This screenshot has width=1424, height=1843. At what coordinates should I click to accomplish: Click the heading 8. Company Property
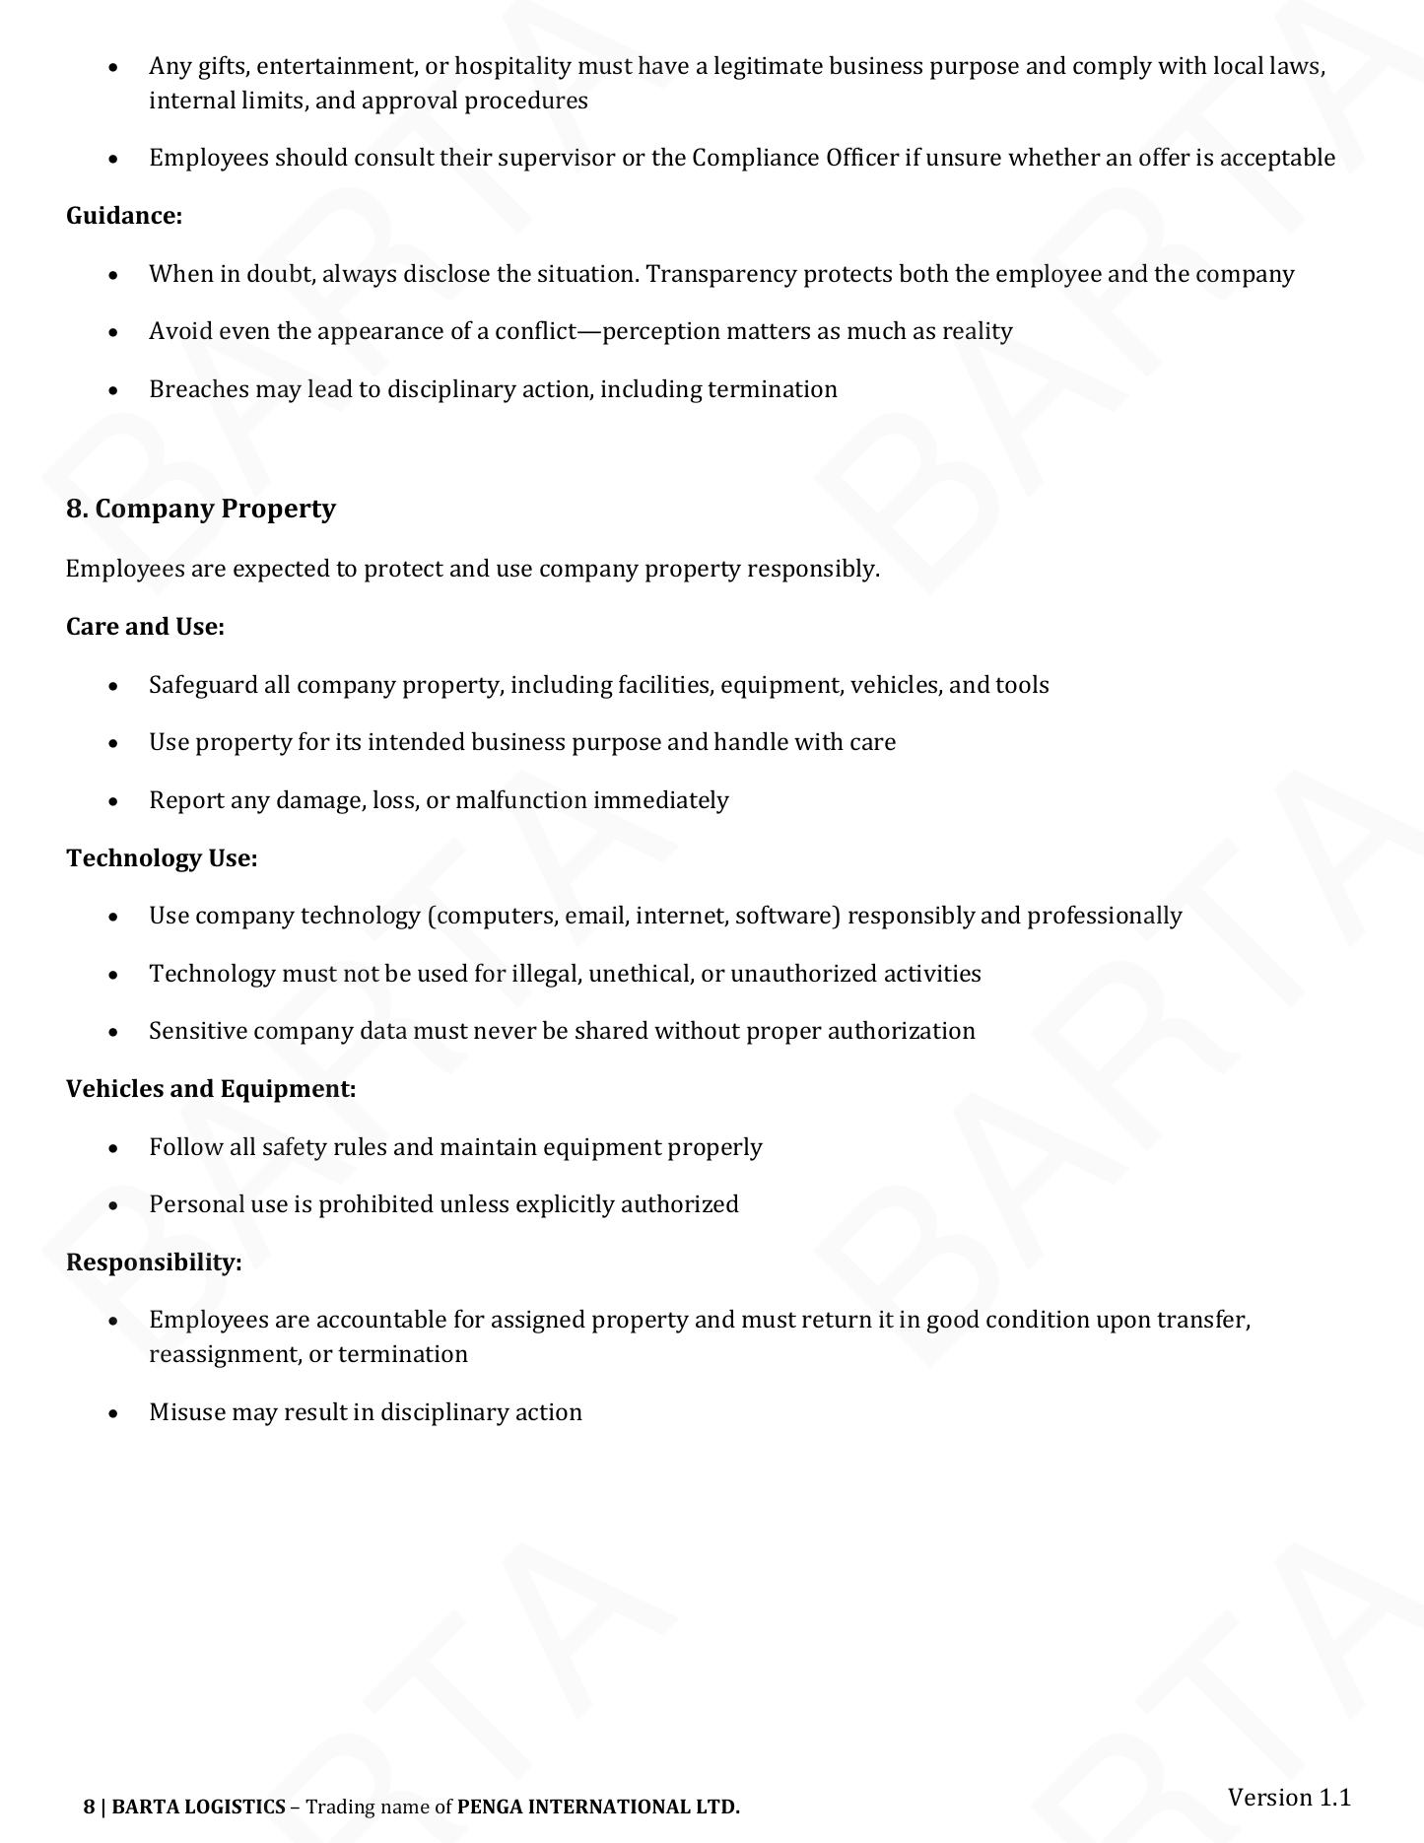click(200, 509)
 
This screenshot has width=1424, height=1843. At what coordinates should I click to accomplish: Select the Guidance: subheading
click(124, 216)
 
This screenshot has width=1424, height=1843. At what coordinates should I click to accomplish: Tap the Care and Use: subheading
click(145, 627)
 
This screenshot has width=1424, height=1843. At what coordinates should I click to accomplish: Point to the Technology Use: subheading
click(162, 858)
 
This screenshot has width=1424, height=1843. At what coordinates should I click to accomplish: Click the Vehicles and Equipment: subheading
click(211, 1089)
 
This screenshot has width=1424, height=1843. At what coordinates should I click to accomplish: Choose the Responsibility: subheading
click(154, 1263)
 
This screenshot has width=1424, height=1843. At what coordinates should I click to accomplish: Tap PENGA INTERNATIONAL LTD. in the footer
click(598, 1807)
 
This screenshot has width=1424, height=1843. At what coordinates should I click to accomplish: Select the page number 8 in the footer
click(90, 1807)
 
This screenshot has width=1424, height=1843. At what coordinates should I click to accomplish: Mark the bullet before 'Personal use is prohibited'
click(115, 1205)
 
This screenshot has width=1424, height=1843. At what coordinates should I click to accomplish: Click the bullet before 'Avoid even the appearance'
click(115, 332)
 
